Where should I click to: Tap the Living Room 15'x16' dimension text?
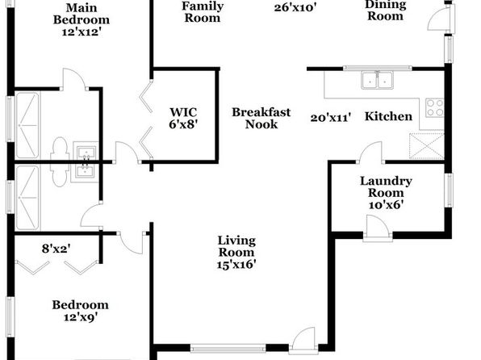[236, 265]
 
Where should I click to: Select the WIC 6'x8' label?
[183, 118]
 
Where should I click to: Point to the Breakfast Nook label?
[261, 118]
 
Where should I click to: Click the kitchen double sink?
[378, 80]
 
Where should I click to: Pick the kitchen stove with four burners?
[435, 107]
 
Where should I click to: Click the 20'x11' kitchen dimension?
[330, 118]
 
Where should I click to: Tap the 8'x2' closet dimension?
[56, 249]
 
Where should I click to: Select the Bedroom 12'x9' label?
[81, 311]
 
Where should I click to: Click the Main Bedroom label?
[82, 19]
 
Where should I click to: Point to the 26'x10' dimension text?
[295, 8]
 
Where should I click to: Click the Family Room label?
[203, 12]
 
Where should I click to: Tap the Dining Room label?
[385, 10]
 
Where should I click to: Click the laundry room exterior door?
[378, 228]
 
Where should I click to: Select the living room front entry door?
[303, 341]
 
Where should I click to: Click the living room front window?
[228, 348]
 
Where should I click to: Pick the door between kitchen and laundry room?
[370, 153]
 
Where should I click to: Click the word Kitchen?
[388, 116]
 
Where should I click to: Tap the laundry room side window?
[449, 190]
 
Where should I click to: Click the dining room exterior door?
[441, 19]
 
